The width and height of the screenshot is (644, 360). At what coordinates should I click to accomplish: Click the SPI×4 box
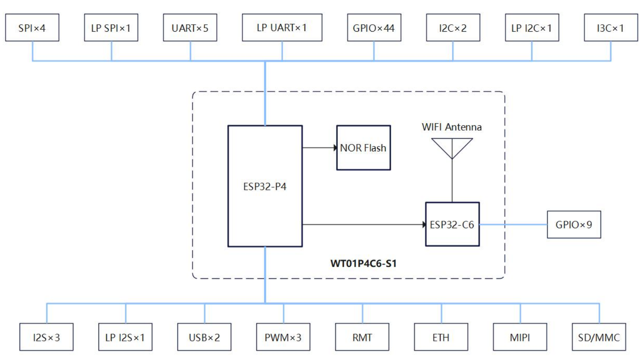pyautogui.click(x=32, y=28)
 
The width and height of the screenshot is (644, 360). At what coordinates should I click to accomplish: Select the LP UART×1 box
pyautogui.click(x=282, y=28)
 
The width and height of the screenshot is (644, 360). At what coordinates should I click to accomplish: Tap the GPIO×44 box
pyautogui.click(x=374, y=28)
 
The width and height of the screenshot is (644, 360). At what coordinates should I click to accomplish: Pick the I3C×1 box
pyautogui.click(x=611, y=28)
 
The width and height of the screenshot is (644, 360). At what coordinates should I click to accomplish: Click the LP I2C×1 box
pyautogui.click(x=532, y=28)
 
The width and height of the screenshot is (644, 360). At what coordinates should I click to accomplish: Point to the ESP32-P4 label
pyautogui.click(x=265, y=187)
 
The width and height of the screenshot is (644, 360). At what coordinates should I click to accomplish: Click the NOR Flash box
pyautogui.click(x=363, y=148)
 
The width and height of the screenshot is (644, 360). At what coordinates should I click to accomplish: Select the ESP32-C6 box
pyautogui.click(x=452, y=224)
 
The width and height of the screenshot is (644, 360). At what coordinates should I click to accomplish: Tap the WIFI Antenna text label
pyautogui.click(x=451, y=127)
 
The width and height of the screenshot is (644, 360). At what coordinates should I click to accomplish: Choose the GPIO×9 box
pyautogui.click(x=574, y=225)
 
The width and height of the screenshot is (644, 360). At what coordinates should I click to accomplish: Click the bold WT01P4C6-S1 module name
pyautogui.click(x=363, y=263)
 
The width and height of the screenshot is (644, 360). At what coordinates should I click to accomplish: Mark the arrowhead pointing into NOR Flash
pyautogui.click(x=335, y=148)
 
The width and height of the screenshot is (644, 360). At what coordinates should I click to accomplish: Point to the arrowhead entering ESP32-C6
pyautogui.click(x=424, y=225)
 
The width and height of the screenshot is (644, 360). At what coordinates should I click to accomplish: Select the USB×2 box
pyautogui.click(x=204, y=337)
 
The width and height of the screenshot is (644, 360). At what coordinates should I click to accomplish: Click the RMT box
pyautogui.click(x=362, y=337)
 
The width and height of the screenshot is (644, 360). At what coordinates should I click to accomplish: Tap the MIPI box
pyautogui.click(x=520, y=337)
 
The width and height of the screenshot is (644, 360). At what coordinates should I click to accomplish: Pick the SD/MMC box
pyautogui.click(x=598, y=337)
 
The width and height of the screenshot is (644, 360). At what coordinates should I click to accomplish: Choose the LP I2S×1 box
pyautogui.click(x=125, y=337)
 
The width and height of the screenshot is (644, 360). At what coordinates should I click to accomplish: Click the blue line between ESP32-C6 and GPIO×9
pyautogui.click(x=513, y=225)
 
